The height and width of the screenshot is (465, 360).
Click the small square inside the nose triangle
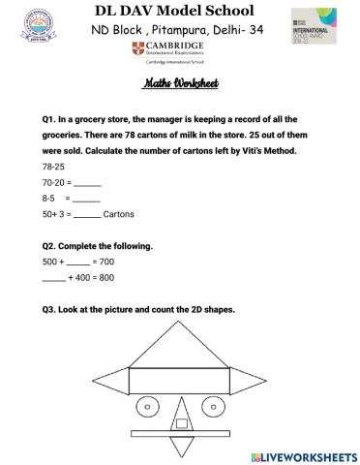click(x=181, y=422)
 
